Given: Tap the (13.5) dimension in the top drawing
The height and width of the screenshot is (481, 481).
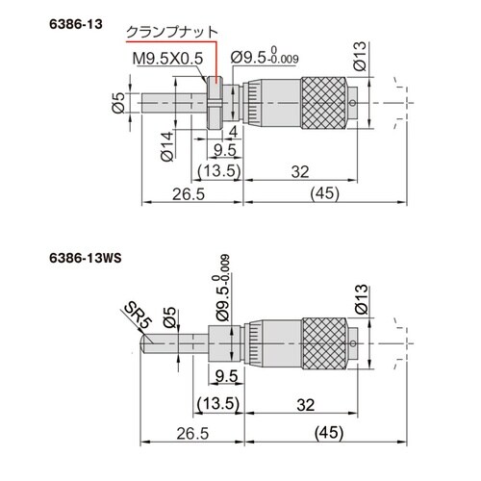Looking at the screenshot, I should pyautogui.click(x=218, y=170).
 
